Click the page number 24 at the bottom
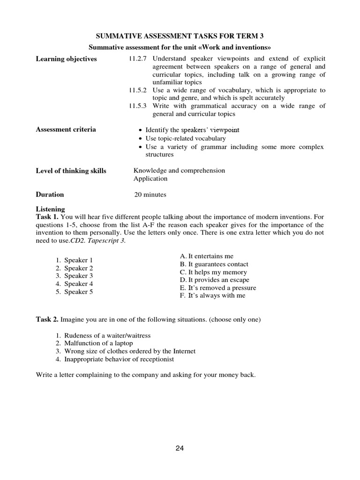tap(180, 448)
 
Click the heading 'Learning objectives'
tap(66, 59)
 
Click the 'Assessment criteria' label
tap(66, 129)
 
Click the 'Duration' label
tap(50, 194)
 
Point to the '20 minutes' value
tap(150, 195)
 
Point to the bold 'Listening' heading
tap(50, 209)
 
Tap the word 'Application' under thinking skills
tap(150, 179)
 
